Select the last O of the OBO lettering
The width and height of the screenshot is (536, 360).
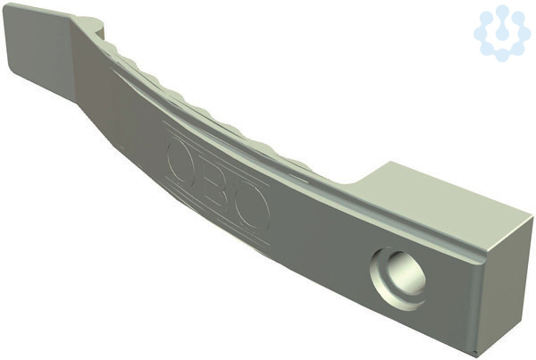(x=253, y=208)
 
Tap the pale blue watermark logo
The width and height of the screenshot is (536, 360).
(x=501, y=33)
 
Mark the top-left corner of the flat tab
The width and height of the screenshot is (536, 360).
(x=7, y=4)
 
